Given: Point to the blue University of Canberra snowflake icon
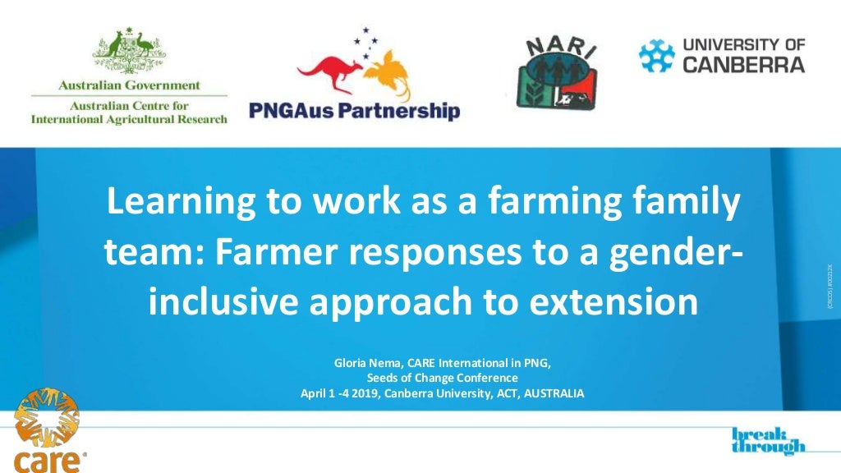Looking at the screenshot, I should pyautogui.click(x=657, y=55).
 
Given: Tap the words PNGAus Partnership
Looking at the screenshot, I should pyautogui.click(x=354, y=111).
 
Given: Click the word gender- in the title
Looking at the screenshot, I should pyautogui.click(x=673, y=252).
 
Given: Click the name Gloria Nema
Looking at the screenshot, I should pyautogui.click(x=365, y=362).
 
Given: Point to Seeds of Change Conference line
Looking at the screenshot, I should pyautogui.click(x=442, y=378).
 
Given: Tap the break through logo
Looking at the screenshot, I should pyautogui.click(x=768, y=441).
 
